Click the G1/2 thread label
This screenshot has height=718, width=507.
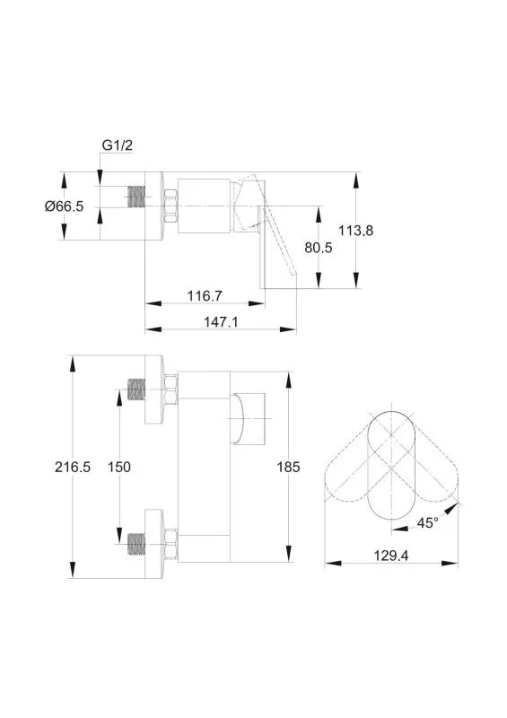tap(117, 145)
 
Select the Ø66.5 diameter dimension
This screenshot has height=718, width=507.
tap(64, 206)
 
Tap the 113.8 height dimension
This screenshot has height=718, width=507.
tap(356, 231)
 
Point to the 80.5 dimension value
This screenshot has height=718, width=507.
tap(319, 248)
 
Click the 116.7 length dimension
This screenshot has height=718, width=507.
tap(205, 296)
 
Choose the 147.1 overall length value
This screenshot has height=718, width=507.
tap(221, 322)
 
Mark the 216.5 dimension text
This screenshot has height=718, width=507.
tap(73, 467)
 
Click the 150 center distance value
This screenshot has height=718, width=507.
tap(119, 467)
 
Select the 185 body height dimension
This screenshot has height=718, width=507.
tap(288, 467)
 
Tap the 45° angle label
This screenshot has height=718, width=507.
tap(427, 522)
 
